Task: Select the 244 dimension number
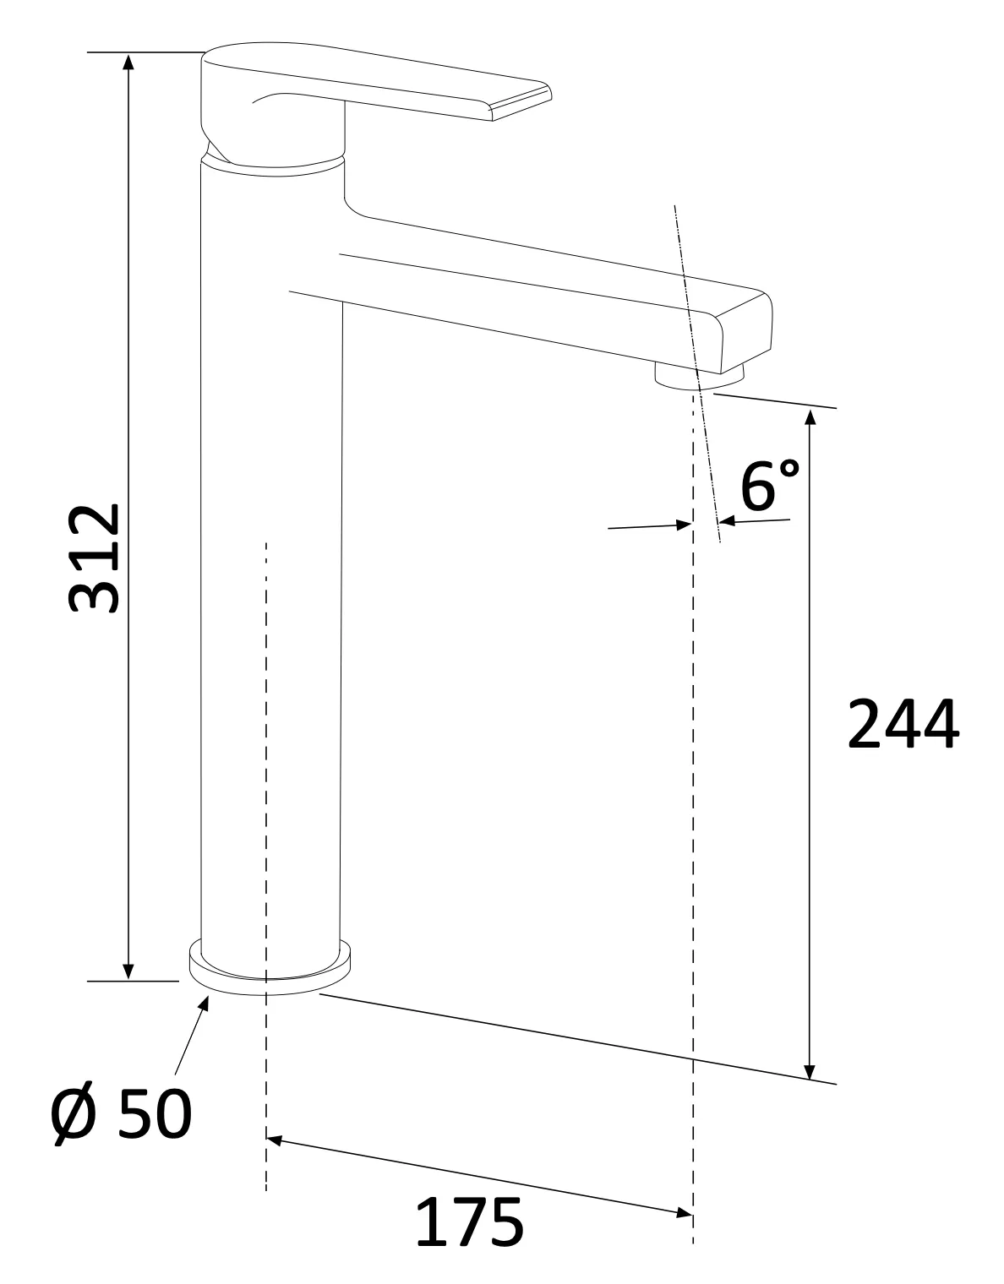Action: (903, 725)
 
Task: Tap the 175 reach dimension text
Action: (470, 1222)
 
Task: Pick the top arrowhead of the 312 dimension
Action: (128, 62)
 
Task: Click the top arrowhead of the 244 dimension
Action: (810, 416)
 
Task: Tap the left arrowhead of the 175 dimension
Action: (274, 1140)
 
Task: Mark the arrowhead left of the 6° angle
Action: (685, 525)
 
